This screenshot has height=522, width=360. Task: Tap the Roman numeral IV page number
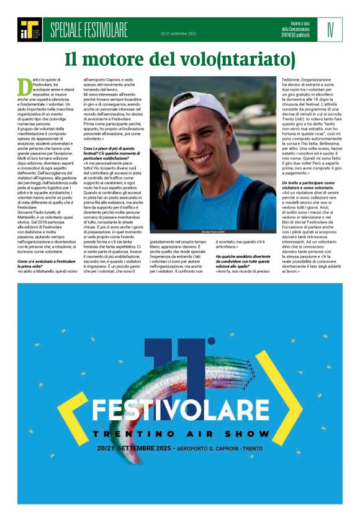(330, 27)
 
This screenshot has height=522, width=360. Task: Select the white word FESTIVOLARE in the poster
(181, 409)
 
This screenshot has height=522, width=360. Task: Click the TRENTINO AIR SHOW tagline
(181, 433)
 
